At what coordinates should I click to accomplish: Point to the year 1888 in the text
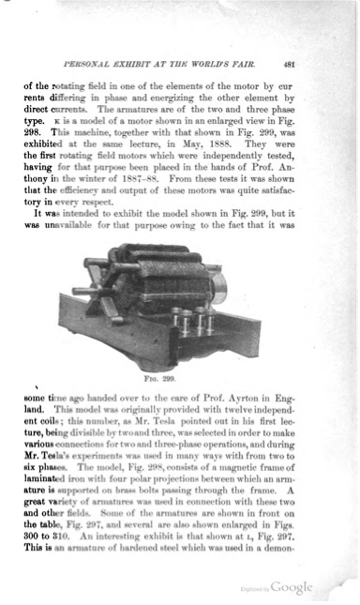245,147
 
